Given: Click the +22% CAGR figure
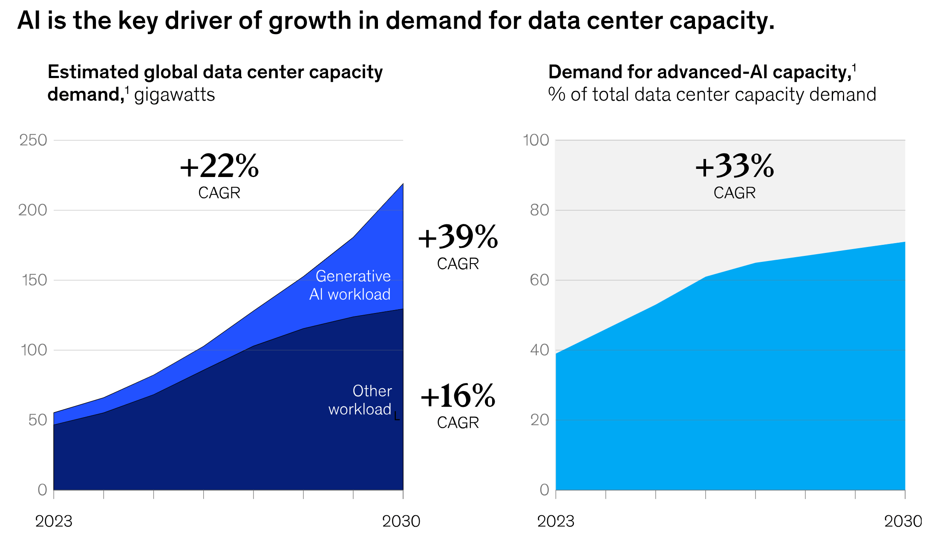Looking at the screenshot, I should [219, 166].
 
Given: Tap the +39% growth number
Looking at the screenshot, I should [458, 237].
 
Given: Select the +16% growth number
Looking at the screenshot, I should [458, 396].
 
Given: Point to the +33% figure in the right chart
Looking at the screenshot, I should [734, 166].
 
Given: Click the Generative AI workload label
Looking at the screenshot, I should [350, 285].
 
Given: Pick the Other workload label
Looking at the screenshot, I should [360, 400].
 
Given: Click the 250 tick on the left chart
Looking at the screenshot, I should [33, 140].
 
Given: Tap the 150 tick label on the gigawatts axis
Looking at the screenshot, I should [34, 280].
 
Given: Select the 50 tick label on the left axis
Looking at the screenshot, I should [37, 420].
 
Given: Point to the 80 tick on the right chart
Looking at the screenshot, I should [539, 210].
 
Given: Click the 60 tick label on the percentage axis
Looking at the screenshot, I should [539, 280].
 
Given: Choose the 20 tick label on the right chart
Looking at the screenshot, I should [539, 420].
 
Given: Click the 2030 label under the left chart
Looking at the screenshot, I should [401, 521].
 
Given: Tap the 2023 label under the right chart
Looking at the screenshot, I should [556, 521].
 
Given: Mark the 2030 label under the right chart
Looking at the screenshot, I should [903, 521].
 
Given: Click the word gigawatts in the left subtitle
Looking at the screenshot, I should [174, 95].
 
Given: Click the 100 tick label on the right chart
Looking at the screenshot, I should [536, 140].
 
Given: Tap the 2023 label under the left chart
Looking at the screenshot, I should [54, 521].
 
